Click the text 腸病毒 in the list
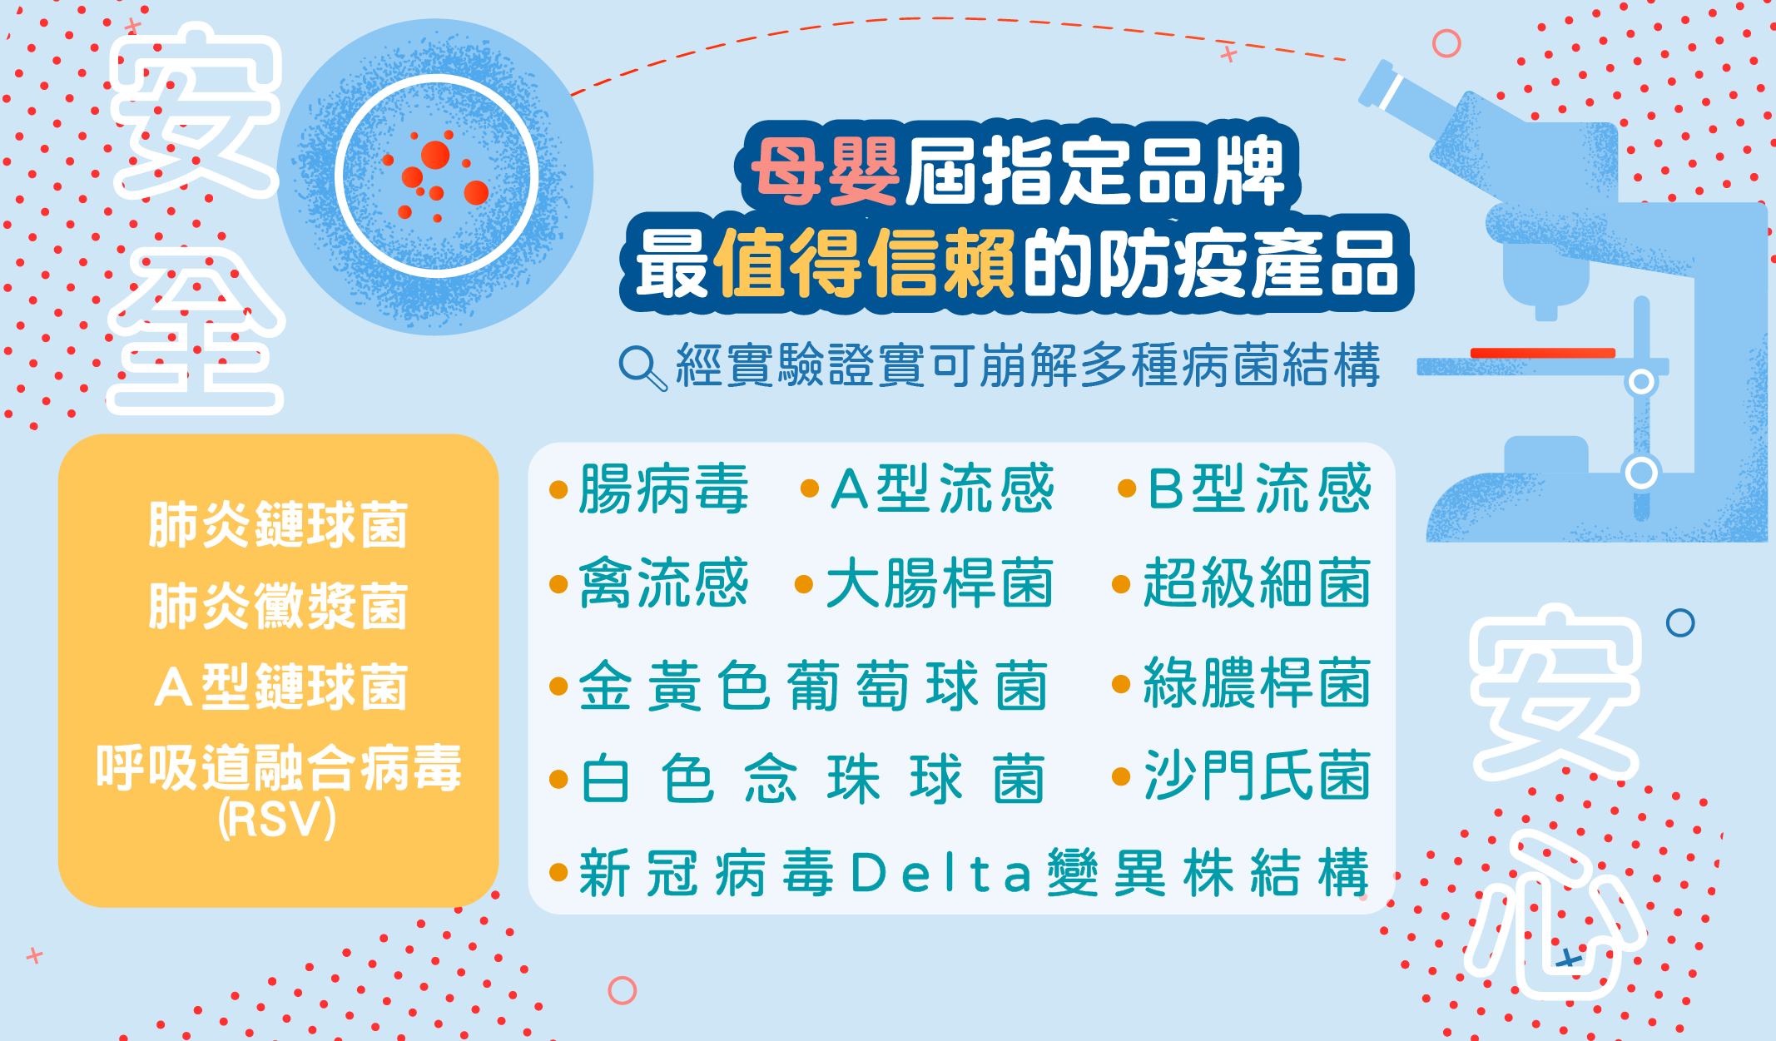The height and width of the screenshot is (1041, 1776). pos(663,488)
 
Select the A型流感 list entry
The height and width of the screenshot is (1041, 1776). pos(942,488)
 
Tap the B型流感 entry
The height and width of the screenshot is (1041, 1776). pos(1259,488)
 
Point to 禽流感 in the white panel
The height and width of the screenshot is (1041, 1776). pos(663,582)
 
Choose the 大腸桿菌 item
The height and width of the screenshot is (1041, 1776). pos(940,582)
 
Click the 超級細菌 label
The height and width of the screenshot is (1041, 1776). pos(1257,582)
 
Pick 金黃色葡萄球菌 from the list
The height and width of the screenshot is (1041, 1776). pos(812,686)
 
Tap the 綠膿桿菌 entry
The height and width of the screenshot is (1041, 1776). pos(1257,682)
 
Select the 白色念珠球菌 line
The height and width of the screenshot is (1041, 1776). pos(812,779)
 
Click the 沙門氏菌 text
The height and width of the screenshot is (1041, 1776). pos(1257,775)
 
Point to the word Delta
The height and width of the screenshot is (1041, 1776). pos(941,873)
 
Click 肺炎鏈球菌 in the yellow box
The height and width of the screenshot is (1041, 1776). pos(278,525)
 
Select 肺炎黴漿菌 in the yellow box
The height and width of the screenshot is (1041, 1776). pos(278,606)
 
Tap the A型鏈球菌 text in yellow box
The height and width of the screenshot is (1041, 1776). pos(280,687)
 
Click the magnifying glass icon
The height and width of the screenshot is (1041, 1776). pos(642,368)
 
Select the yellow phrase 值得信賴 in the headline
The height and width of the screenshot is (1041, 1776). pos(864,263)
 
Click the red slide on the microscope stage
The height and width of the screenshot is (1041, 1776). pos(1543,353)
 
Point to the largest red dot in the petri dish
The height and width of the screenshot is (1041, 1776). pos(435,155)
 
